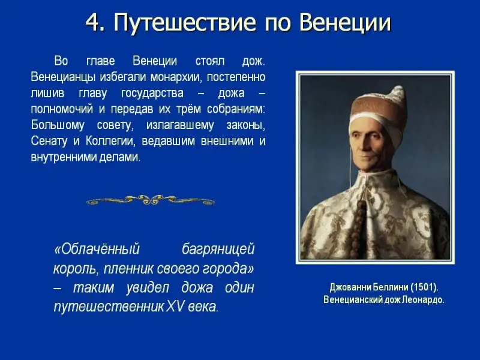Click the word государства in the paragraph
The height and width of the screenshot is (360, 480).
click(x=152, y=94)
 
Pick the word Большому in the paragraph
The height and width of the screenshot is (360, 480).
click(x=58, y=125)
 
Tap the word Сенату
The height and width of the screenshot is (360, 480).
click(x=49, y=142)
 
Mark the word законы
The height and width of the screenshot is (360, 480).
click(x=246, y=125)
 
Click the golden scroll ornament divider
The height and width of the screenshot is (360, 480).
click(x=151, y=200)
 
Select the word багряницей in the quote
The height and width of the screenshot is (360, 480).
click(x=218, y=250)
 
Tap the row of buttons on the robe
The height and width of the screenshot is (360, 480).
click(x=359, y=227)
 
